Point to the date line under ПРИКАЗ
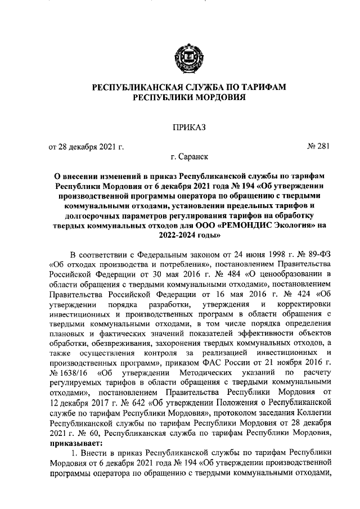pos(86,147)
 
